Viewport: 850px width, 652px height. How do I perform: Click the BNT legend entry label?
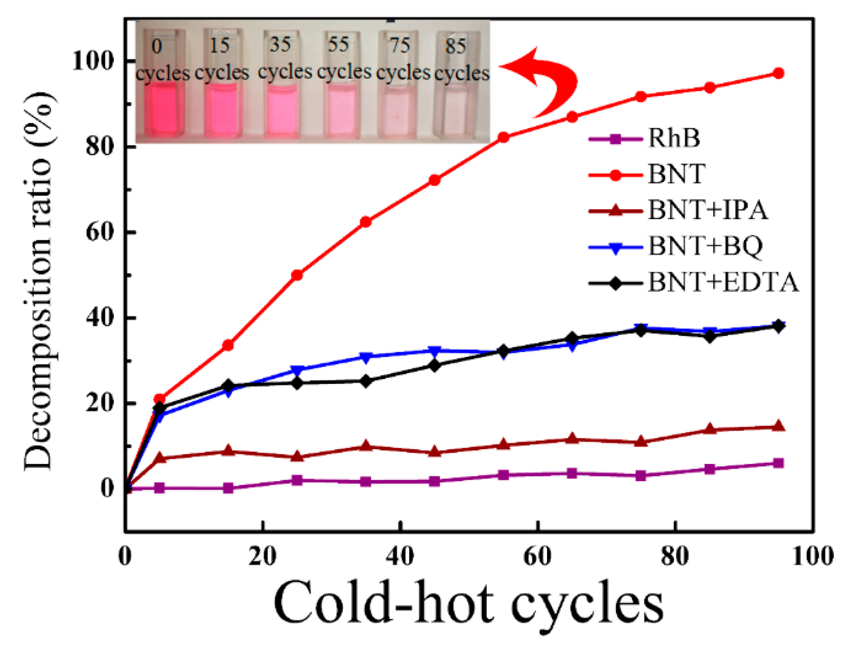[676, 174]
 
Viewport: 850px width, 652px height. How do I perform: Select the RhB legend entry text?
[673, 138]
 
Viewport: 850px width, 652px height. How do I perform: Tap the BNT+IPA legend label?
[707, 210]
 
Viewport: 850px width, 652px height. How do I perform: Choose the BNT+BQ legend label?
[705, 246]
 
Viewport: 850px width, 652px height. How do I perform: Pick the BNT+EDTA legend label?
[723, 283]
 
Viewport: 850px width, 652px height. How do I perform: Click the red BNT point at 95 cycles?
[778, 73]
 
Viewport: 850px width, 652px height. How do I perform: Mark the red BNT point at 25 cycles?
[297, 275]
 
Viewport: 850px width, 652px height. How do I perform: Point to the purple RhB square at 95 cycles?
[778, 463]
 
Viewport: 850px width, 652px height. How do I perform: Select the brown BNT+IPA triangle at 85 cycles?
[710, 429]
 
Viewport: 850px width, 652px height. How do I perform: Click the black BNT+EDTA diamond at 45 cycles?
[434, 365]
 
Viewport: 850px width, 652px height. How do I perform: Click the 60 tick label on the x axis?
[537, 556]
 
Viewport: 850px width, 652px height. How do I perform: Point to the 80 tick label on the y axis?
[98, 147]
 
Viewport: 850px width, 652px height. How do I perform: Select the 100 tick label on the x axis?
[812, 556]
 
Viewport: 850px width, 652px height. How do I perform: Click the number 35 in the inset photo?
[280, 45]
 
